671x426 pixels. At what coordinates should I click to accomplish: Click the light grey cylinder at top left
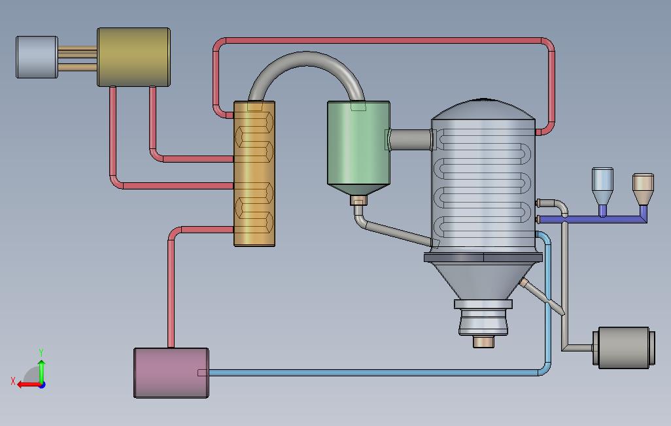click(x=37, y=57)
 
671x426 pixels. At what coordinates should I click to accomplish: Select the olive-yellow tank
click(x=134, y=57)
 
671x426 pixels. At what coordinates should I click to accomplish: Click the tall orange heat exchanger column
click(x=254, y=174)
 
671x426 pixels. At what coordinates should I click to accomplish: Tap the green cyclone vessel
click(x=358, y=148)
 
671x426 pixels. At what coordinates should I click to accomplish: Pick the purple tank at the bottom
click(x=171, y=373)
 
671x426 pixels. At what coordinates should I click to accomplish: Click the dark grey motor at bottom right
click(x=624, y=348)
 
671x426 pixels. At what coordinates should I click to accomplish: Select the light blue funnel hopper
click(x=602, y=191)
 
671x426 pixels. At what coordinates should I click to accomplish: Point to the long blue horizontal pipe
click(x=372, y=372)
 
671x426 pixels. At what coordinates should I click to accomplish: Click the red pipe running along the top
click(x=384, y=41)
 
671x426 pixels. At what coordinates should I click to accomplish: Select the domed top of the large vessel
click(x=483, y=109)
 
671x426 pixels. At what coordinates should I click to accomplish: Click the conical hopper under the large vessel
click(x=483, y=280)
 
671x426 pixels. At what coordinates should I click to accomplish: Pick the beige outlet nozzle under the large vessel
click(x=483, y=342)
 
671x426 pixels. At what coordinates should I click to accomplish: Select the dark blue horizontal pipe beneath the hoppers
click(x=593, y=220)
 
